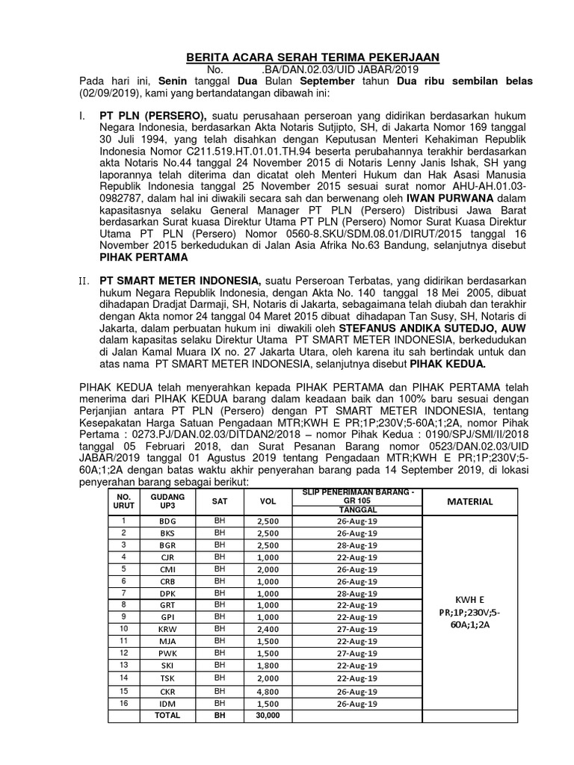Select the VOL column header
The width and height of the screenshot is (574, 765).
coord(267,501)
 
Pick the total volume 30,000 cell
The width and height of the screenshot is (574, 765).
coord(267,715)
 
